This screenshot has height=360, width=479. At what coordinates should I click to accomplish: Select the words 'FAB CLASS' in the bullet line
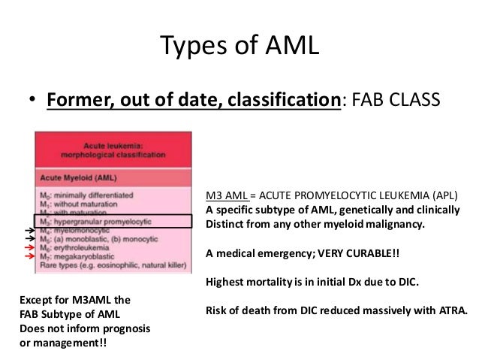coord(401,99)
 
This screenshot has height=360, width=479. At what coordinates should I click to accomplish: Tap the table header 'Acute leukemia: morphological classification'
coord(113,149)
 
